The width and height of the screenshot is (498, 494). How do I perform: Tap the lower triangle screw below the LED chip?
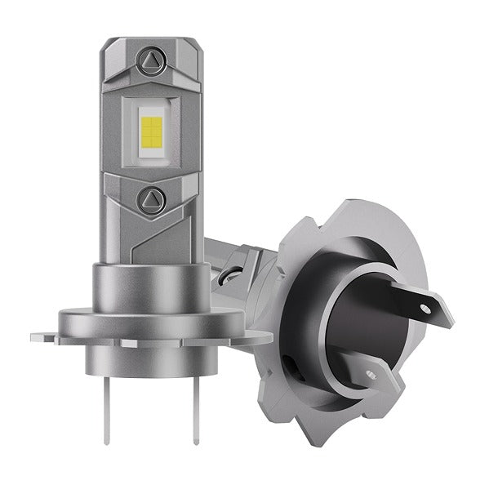151,198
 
